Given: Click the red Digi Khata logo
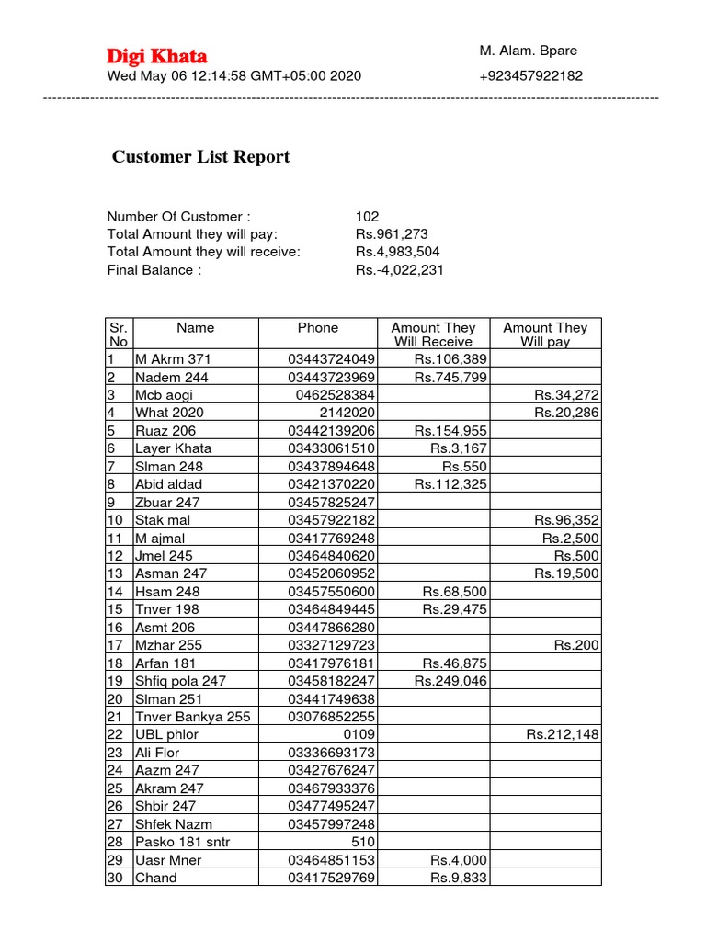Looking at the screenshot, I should (x=157, y=56).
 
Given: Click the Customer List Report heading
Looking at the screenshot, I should (x=200, y=157).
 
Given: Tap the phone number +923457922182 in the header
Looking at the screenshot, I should (x=530, y=76).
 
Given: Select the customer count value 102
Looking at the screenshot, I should (x=367, y=217).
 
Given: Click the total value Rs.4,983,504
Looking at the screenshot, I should (x=397, y=253).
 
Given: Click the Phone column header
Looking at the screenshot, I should (x=317, y=328).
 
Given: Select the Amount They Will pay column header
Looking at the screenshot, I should (x=545, y=334).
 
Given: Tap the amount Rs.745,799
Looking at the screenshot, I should (x=450, y=378).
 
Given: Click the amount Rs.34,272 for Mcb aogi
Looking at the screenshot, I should (x=566, y=395).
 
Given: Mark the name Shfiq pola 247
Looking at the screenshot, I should (x=180, y=681).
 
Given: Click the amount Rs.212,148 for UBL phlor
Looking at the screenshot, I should (x=563, y=734).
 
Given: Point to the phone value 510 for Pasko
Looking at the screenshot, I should (x=364, y=842).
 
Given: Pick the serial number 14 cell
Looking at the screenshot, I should (x=115, y=592).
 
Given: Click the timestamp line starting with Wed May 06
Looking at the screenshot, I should (x=234, y=76).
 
